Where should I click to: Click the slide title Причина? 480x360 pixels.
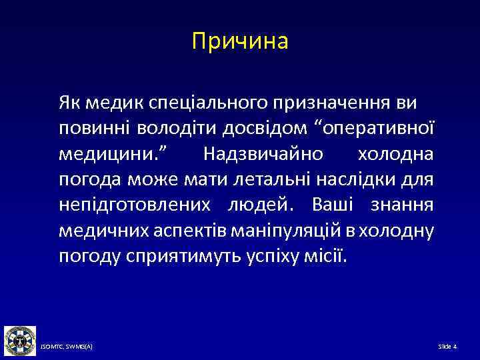[x=240, y=42]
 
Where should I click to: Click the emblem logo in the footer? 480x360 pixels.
[x=19, y=340]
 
